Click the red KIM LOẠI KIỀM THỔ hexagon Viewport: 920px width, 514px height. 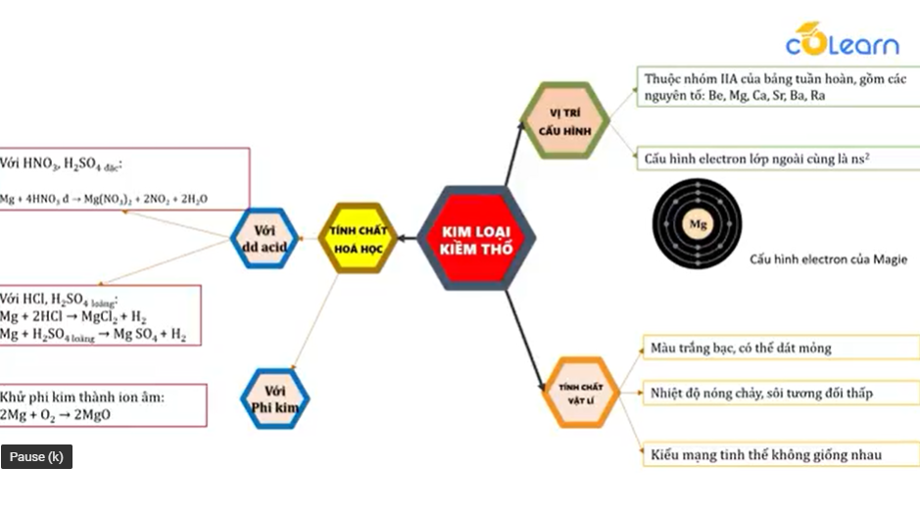476,238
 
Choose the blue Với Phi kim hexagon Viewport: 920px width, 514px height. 274,398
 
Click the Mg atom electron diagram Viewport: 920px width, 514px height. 698,225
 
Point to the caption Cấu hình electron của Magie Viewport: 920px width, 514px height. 828,259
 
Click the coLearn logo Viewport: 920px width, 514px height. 842,41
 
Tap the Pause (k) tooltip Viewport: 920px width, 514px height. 36,456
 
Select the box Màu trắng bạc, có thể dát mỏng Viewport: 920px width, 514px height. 741,348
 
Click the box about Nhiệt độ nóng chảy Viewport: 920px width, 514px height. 761,394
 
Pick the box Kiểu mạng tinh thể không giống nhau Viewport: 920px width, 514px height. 765,454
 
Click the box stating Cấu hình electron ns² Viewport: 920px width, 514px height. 759,158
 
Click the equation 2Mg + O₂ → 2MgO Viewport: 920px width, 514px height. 56,415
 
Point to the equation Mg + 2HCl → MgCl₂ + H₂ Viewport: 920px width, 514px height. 73,317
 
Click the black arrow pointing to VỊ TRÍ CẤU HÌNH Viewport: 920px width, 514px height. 517,152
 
